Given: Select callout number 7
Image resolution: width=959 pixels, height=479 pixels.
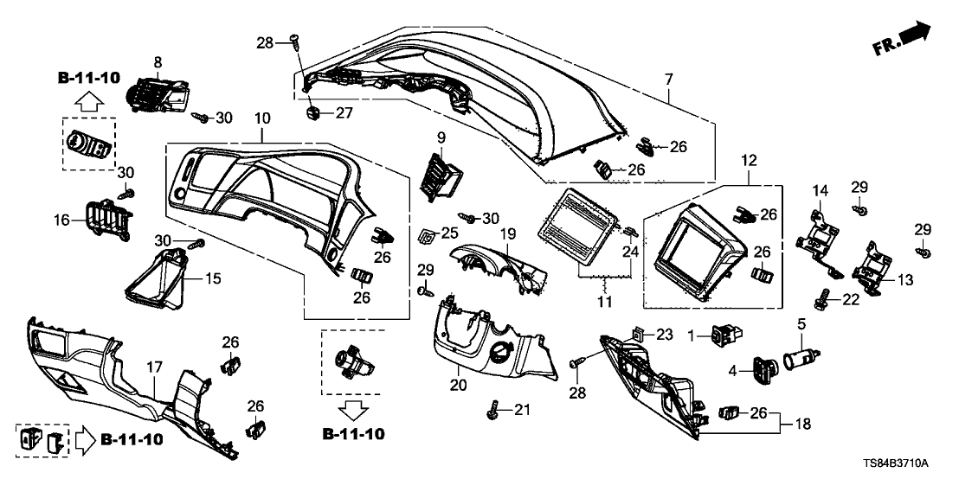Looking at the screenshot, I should click(x=668, y=80).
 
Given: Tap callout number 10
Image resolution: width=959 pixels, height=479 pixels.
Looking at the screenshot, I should click(x=262, y=116).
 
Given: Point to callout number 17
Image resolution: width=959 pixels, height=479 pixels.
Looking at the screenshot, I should click(x=152, y=367).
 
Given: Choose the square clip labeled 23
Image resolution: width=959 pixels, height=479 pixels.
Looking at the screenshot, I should click(x=637, y=334).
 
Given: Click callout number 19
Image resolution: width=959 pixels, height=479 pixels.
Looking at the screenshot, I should click(x=508, y=233).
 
